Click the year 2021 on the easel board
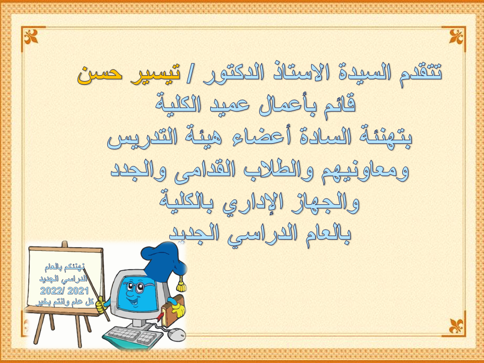(78, 291)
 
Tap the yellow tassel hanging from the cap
(181, 284)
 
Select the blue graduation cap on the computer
(163, 261)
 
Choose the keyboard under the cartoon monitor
(133, 337)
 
